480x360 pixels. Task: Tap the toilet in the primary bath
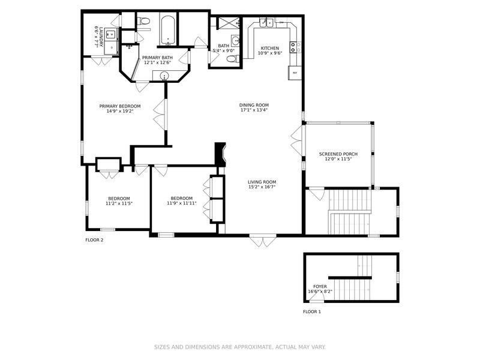click(143, 22)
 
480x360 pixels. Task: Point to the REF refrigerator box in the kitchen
click(295, 73)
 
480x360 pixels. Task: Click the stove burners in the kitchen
click(294, 46)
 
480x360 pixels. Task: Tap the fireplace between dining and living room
click(220, 154)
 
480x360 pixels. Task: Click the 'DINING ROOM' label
click(254, 105)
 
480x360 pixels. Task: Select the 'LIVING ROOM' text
click(262, 182)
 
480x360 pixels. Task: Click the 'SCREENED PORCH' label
click(338, 154)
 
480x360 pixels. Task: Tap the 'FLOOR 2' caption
click(94, 240)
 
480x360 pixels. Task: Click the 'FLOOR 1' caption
click(311, 312)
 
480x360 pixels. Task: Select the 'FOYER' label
click(320, 287)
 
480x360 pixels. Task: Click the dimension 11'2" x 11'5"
click(119, 203)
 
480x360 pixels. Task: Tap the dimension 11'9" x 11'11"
click(181, 203)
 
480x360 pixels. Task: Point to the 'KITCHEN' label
click(269, 48)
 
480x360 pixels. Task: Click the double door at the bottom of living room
click(263, 241)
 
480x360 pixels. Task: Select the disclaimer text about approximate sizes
click(239, 347)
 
